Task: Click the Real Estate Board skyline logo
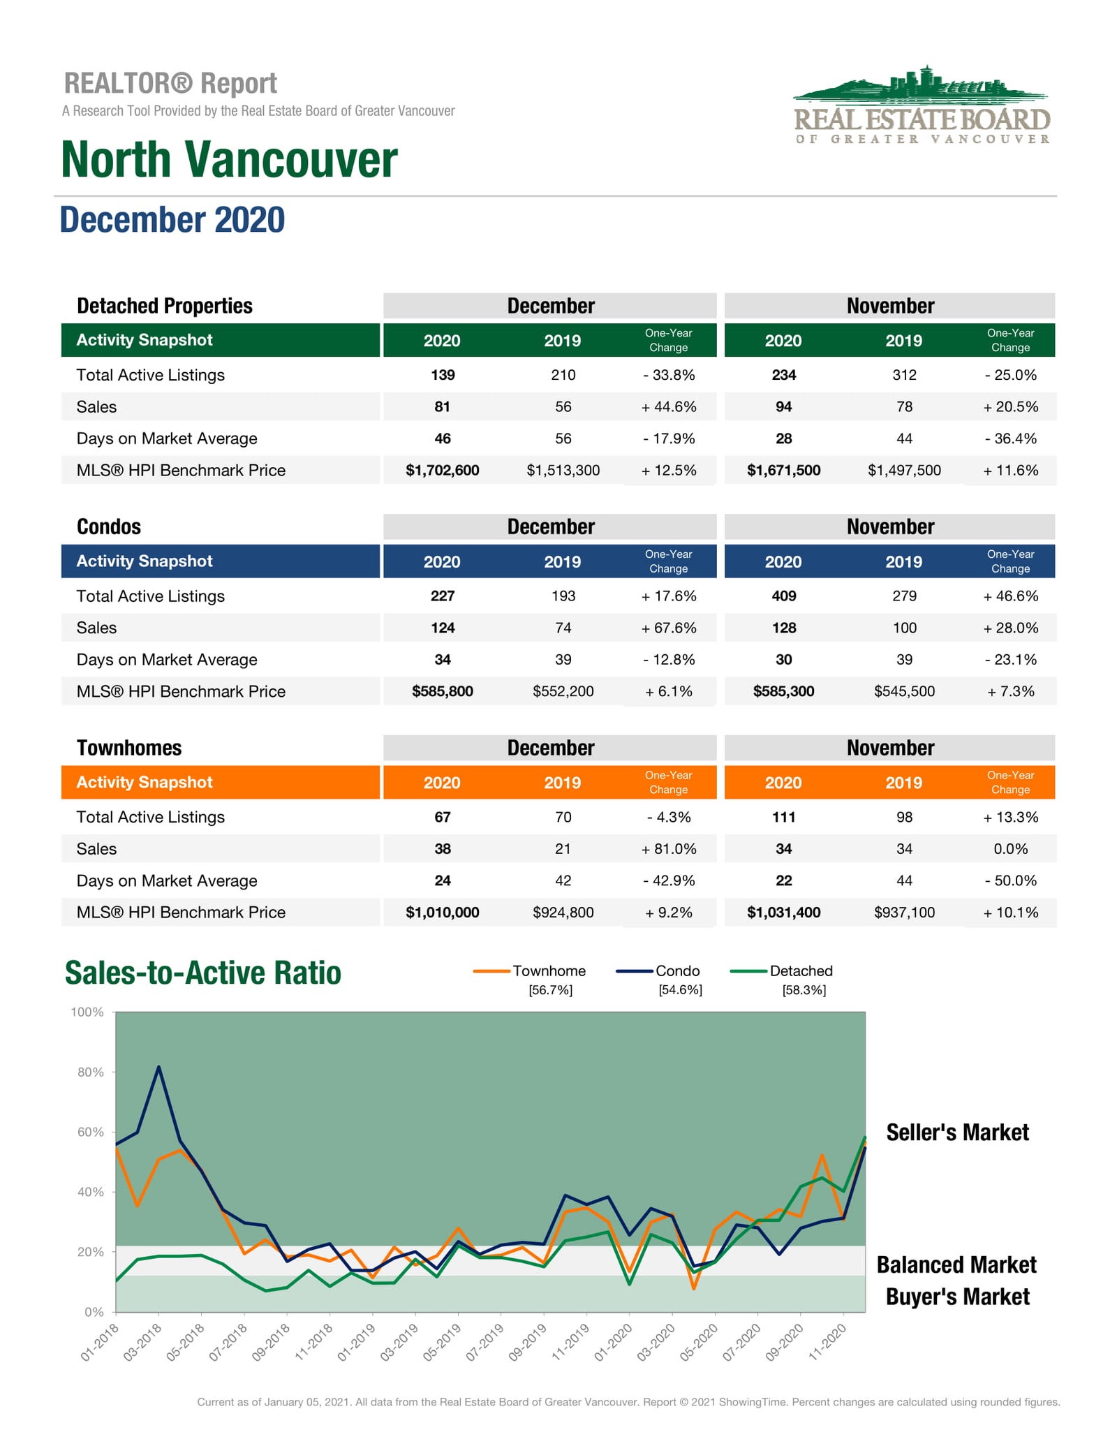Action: (x=922, y=105)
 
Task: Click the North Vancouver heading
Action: (x=229, y=159)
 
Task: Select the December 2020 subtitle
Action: (x=172, y=220)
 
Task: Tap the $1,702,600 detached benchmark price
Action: (x=443, y=470)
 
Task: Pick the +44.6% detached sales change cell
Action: (x=669, y=406)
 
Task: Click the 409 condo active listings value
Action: (x=784, y=596)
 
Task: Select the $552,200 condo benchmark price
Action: (x=563, y=691)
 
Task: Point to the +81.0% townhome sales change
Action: (x=669, y=849)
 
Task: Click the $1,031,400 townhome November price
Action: (x=784, y=913)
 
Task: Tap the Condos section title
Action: (x=109, y=526)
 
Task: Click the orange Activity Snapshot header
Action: (x=221, y=783)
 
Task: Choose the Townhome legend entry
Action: (x=530, y=980)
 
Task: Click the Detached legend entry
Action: (x=782, y=980)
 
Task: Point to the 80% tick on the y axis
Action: (x=91, y=1072)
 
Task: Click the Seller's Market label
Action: (x=958, y=1133)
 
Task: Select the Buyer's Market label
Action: (x=958, y=1297)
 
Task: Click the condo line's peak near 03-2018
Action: (x=159, y=1067)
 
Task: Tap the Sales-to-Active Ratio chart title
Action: (x=203, y=973)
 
